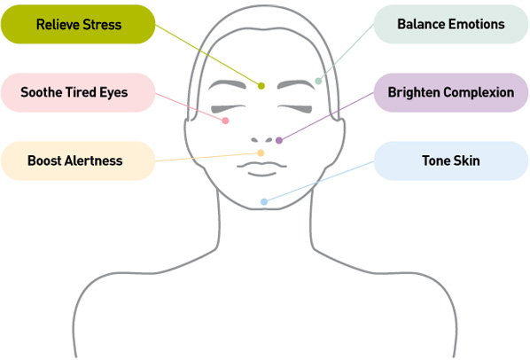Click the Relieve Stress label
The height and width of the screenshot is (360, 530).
78,24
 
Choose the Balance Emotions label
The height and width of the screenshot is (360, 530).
451,24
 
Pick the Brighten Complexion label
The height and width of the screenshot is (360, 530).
451,92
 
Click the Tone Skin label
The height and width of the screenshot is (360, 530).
451,160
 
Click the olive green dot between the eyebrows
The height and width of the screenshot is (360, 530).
261,86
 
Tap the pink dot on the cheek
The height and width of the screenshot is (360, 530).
225,121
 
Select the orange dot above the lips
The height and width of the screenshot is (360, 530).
261,153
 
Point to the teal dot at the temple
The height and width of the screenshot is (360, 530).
318,81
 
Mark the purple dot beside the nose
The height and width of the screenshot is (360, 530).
279,140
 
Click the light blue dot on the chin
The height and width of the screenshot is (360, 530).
264,202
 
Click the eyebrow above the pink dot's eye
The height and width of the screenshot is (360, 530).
227,84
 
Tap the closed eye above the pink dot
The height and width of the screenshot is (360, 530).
228,109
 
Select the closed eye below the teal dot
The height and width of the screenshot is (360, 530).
295,109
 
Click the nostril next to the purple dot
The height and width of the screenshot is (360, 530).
269,139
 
